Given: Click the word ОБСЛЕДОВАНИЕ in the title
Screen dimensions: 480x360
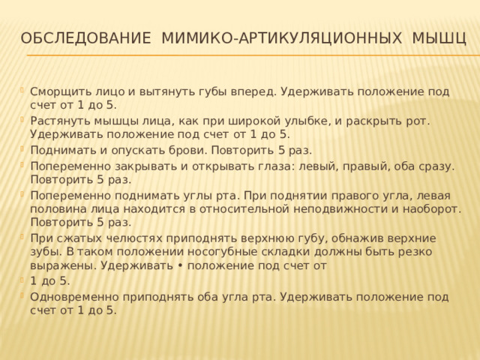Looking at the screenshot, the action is pos(85,38).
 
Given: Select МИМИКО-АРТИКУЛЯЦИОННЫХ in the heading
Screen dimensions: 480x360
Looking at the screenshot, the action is pos(281,38).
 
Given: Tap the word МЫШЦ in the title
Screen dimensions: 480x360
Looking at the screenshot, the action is pos(439,38).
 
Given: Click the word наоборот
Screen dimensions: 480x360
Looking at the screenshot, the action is pos(432,209).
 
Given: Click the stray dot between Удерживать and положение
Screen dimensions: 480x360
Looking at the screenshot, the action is pos(180,265).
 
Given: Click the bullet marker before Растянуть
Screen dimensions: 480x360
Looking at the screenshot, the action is pos(22,120).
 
